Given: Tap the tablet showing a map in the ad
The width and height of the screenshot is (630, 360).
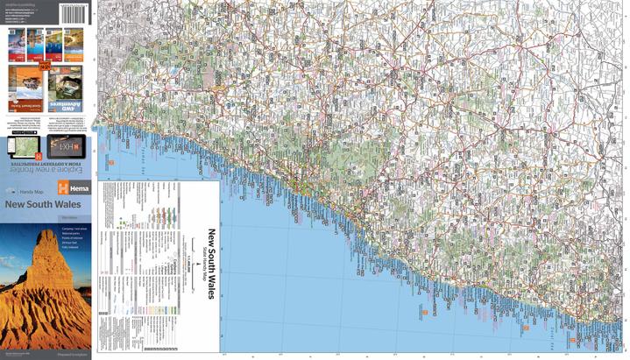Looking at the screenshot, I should click(25, 145).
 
